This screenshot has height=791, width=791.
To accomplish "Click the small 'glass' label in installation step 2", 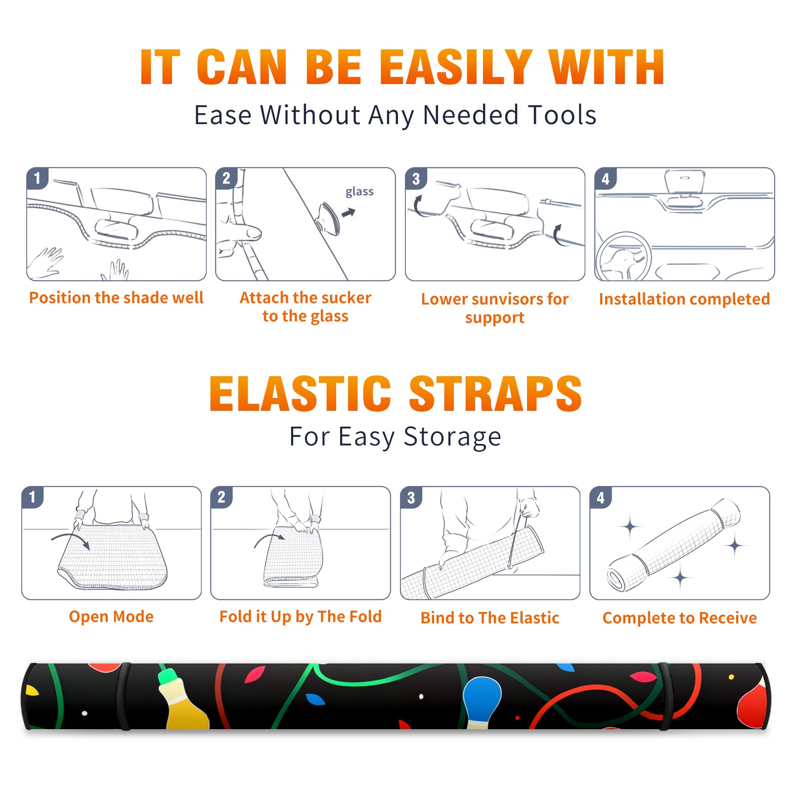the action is click(359, 192).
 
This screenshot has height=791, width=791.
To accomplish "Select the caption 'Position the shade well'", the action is click(116, 298).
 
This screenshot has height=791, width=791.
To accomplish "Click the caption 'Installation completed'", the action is click(684, 299).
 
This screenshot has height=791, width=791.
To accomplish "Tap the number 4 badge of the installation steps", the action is click(606, 178).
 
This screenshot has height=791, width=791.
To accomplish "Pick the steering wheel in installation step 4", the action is click(623, 257).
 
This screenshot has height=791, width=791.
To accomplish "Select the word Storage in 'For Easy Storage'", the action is click(452, 437).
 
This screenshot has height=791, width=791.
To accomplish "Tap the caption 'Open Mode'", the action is click(111, 616).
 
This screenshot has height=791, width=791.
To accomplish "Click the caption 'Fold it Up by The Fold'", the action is click(301, 617).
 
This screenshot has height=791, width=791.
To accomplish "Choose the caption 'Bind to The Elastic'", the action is click(490, 617).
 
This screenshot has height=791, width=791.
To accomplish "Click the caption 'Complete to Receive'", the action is click(680, 618).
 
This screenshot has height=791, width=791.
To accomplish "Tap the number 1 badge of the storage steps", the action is click(33, 497).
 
